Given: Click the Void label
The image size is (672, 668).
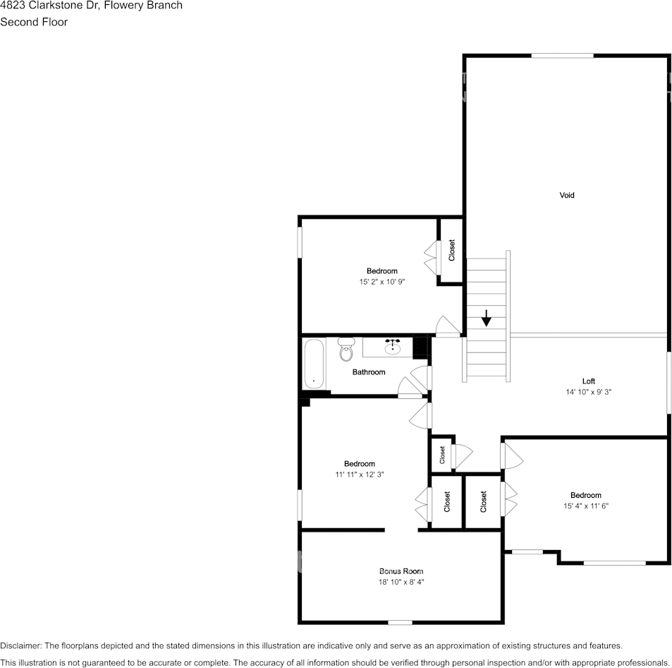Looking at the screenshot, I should click(567, 195).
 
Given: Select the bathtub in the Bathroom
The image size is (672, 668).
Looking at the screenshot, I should click(314, 363).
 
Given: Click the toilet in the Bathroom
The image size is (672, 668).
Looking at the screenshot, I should click(346, 350).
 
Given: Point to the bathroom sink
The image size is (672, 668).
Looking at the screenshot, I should click(393, 347).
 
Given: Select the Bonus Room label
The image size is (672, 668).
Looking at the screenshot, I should click(401, 571).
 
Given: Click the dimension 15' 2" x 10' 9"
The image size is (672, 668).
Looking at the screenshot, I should click(381, 282).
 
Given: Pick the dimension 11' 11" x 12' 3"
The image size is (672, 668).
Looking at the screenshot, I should click(360, 475).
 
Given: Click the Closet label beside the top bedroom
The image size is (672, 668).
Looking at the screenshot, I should click(451, 250).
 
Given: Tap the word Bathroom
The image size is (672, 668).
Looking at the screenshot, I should click(369, 372).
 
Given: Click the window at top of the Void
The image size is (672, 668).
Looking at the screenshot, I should click(562, 56).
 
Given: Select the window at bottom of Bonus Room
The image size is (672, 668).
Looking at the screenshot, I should click(400, 622).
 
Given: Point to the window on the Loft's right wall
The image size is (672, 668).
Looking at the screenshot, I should click(668, 382).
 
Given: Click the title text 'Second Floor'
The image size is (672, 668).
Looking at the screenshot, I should click(34, 22).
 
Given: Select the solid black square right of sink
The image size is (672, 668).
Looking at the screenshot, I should click(421, 347).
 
